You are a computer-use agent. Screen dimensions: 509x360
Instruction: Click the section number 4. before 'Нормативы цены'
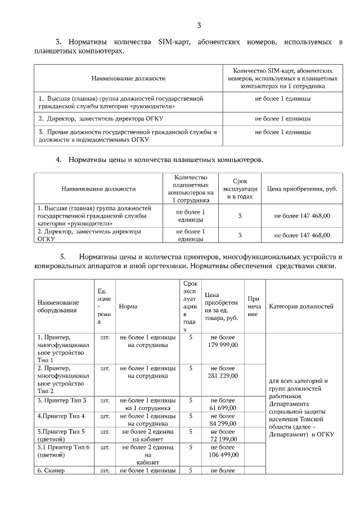point(58,160)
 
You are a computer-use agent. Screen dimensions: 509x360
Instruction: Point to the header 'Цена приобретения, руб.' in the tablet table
point(301,188)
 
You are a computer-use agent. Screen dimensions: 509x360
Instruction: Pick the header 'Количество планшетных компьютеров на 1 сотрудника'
point(191,188)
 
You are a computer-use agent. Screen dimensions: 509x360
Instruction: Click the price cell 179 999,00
point(223,341)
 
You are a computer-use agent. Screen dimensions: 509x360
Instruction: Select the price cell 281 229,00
point(223,372)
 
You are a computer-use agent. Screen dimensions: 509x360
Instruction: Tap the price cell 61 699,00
point(223,404)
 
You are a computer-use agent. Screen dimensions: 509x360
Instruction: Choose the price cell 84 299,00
point(223,420)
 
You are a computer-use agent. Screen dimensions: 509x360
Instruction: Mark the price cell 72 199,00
point(223,435)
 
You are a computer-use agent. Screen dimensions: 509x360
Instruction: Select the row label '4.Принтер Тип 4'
point(61,416)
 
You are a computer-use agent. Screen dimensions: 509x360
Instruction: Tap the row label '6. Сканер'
point(52,470)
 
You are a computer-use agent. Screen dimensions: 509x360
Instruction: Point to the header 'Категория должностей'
point(301,307)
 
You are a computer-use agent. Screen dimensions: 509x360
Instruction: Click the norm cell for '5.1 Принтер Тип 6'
point(148,454)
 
